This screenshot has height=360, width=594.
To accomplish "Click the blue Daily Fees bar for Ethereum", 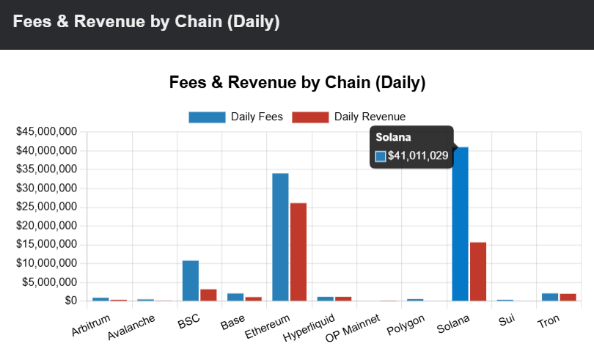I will [280, 236].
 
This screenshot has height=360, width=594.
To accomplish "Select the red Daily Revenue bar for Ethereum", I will [298, 251].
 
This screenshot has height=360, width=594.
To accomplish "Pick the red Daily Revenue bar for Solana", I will [478, 271].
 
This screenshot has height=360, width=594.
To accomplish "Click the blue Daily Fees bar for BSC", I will [191, 280].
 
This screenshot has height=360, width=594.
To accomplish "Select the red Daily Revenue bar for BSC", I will [208, 294].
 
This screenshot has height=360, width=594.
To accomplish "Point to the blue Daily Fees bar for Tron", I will [550, 296].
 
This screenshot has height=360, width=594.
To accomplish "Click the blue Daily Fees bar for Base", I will [235, 296].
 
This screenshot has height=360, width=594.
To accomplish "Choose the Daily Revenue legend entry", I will [348, 117].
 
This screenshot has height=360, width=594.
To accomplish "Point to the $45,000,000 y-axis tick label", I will [47, 132].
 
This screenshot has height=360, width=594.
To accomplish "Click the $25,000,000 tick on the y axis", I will [47, 207].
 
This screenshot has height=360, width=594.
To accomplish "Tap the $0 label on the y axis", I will [70, 301].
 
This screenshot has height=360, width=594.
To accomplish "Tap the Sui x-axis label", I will [507, 320].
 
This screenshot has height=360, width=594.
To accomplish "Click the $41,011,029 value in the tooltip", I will [418, 155].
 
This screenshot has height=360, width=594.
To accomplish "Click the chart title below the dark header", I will [297, 82].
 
